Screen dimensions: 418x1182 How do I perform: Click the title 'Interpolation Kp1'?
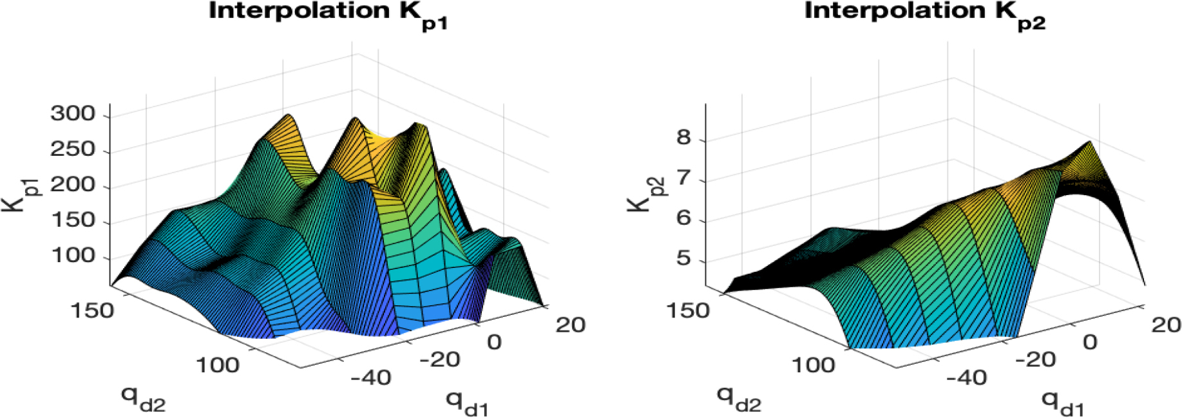click(x=327, y=14)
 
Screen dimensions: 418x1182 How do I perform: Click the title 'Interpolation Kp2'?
click(x=924, y=14)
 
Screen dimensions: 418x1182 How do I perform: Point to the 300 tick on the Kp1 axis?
click(x=73, y=114)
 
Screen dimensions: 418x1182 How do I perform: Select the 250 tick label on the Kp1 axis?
click(x=73, y=149)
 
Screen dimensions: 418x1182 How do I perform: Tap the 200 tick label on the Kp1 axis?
click(x=73, y=185)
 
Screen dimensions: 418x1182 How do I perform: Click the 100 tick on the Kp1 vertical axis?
click(x=73, y=256)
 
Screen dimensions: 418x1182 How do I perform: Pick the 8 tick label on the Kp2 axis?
click(x=683, y=137)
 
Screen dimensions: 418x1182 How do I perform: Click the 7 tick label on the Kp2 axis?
click(x=683, y=178)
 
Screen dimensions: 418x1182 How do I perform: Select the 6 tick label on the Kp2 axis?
click(x=683, y=218)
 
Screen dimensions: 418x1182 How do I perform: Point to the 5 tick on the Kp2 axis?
click(x=683, y=259)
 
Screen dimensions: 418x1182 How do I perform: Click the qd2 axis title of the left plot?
click(x=143, y=399)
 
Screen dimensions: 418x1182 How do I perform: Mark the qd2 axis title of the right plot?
click(x=739, y=399)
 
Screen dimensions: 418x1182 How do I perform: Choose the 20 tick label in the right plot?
click(x=1166, y=325)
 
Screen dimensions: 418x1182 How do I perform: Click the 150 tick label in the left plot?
click(x=92, y=310)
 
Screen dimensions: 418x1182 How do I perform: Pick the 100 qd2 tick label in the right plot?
click(x=813, y=365)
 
